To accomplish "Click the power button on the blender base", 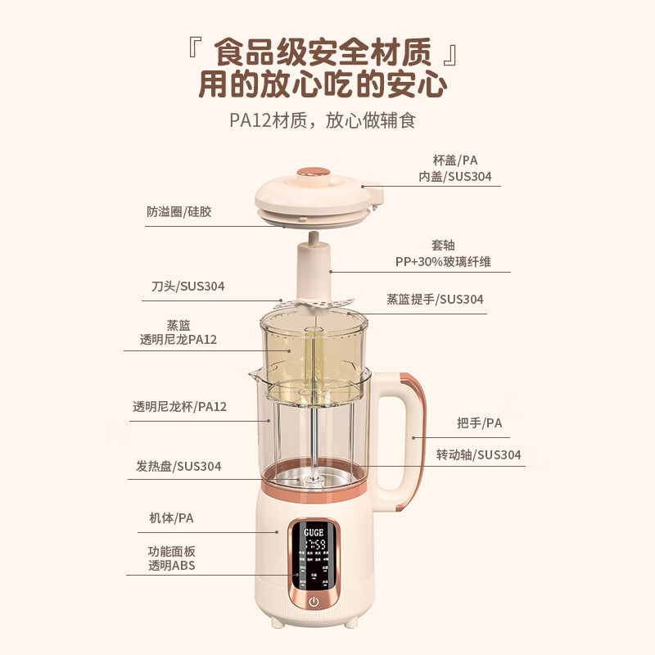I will (x=314, y=602).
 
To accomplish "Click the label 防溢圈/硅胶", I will (x=179, y=211).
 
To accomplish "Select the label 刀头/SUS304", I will (x=187, y=287).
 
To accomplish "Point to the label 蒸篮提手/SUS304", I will (x=435, y=300).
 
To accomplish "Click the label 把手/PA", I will (x=479, y=423).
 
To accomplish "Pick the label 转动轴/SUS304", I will (x=478, y=455).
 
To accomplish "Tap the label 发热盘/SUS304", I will (x=178, y=467).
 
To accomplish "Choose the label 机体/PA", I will (x=171, y=518).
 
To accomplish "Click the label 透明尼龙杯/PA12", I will (x=179, y=406).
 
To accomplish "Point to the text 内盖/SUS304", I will (x=455, y=175).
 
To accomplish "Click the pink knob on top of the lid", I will (x=312, y=174).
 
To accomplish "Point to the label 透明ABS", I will (x=172, y=566).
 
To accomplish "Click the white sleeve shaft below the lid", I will (x=312, y=270).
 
